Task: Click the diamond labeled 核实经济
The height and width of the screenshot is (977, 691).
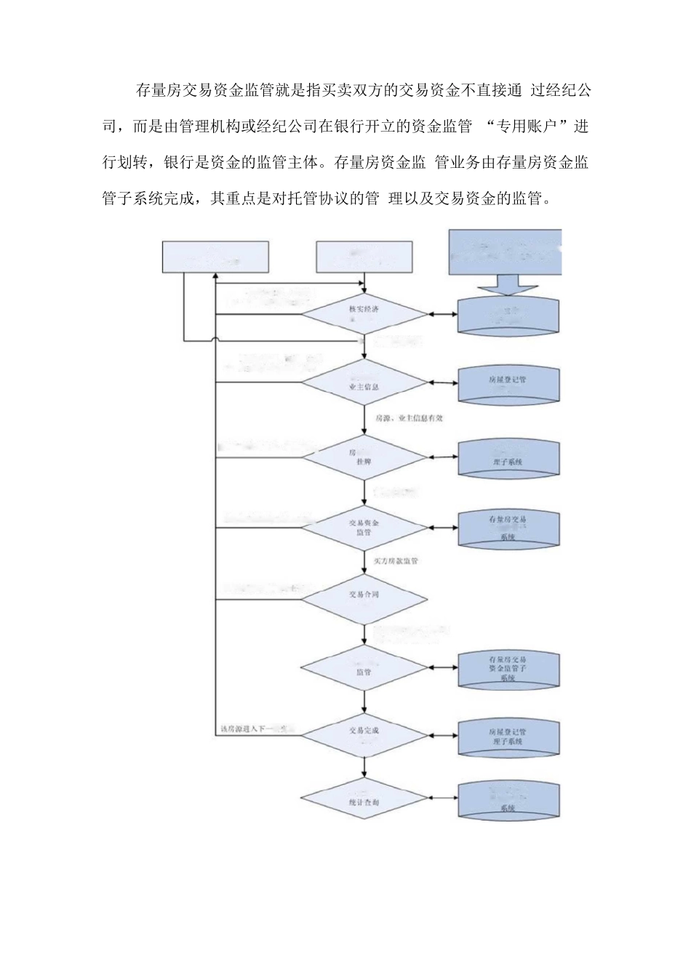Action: pyautogui.click(x=364, y=314)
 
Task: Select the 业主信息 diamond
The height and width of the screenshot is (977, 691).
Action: pyautogui.click(x=364, y=382)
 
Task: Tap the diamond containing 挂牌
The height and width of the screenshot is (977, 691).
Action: pyautogui.click(x=364, y=457)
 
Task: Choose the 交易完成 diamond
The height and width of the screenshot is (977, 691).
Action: pyautogui.click(x=364, y=734)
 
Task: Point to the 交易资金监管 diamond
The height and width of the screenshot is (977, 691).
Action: pyautogui.click(x=364, y=527)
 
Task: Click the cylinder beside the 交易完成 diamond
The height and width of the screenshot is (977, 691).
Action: pyautogui.click(x=508, y=736)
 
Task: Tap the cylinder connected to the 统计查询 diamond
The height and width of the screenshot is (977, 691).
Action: pyautogui.click(x=508, y=800)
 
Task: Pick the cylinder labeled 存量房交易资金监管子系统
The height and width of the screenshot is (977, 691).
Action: pyautogui.click(x=508, y=669)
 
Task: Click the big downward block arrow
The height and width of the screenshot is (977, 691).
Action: pyautogui.click(x=507, y=286)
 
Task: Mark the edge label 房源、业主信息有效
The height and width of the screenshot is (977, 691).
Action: pyautogui.click(x=408, y=419)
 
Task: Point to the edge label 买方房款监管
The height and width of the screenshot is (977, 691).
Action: pyautogui.click(x=396, y=561)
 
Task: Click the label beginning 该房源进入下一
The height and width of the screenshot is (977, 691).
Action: pyautogui.click(x=252, y=728)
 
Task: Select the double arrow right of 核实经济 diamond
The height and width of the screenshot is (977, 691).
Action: pyautogui.click(x=442, y=315)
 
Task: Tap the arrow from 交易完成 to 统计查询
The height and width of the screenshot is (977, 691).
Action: pyautogui.click(x=364, y=768)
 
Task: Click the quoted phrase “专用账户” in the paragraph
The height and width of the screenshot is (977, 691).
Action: pyautogui.click(x=524, y=126)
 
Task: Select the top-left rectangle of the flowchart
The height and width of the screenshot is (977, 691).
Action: pyautogui.click(x=215, y=257)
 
